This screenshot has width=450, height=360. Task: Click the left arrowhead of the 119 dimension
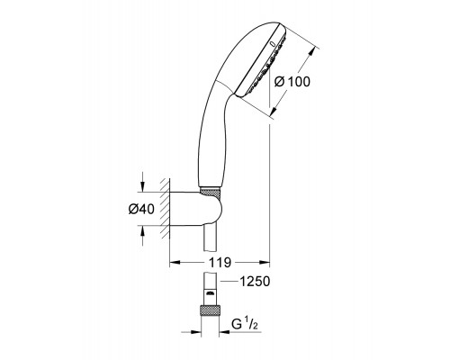(x=175, y=262)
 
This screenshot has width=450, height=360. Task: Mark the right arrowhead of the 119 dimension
(x=265, y=262)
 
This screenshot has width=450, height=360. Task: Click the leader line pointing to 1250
(x=227, y=282)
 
